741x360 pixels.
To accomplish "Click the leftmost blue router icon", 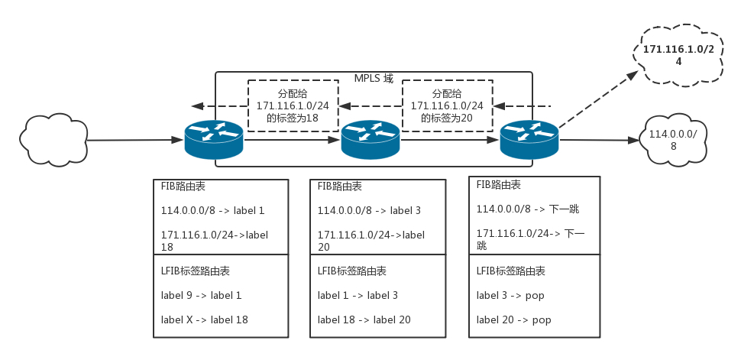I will (x=213, y=138).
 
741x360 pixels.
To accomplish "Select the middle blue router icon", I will (x=370, y=138).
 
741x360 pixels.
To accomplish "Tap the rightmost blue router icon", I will (x=529, y=138).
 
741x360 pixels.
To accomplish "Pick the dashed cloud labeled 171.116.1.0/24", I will (x=678, y=55).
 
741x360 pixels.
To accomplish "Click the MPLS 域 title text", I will (x=374, y=78).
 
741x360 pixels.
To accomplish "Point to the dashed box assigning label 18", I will (x=293, y=105).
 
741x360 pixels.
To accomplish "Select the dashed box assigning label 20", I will (x=447, y=105).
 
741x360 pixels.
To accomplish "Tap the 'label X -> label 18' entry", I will (x=204, y=319).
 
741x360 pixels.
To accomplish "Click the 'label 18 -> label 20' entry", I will (x=364, y=319).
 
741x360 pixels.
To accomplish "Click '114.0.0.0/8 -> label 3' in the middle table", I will (x=369, y=210).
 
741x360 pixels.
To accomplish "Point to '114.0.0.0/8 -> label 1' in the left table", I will (x=212, y=210).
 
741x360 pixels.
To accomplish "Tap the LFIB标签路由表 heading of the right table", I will (x=510, y=271).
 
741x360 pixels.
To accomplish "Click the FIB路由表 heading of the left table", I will (x=183, y=186).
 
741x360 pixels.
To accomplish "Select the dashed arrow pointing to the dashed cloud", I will (x=598, y=99).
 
